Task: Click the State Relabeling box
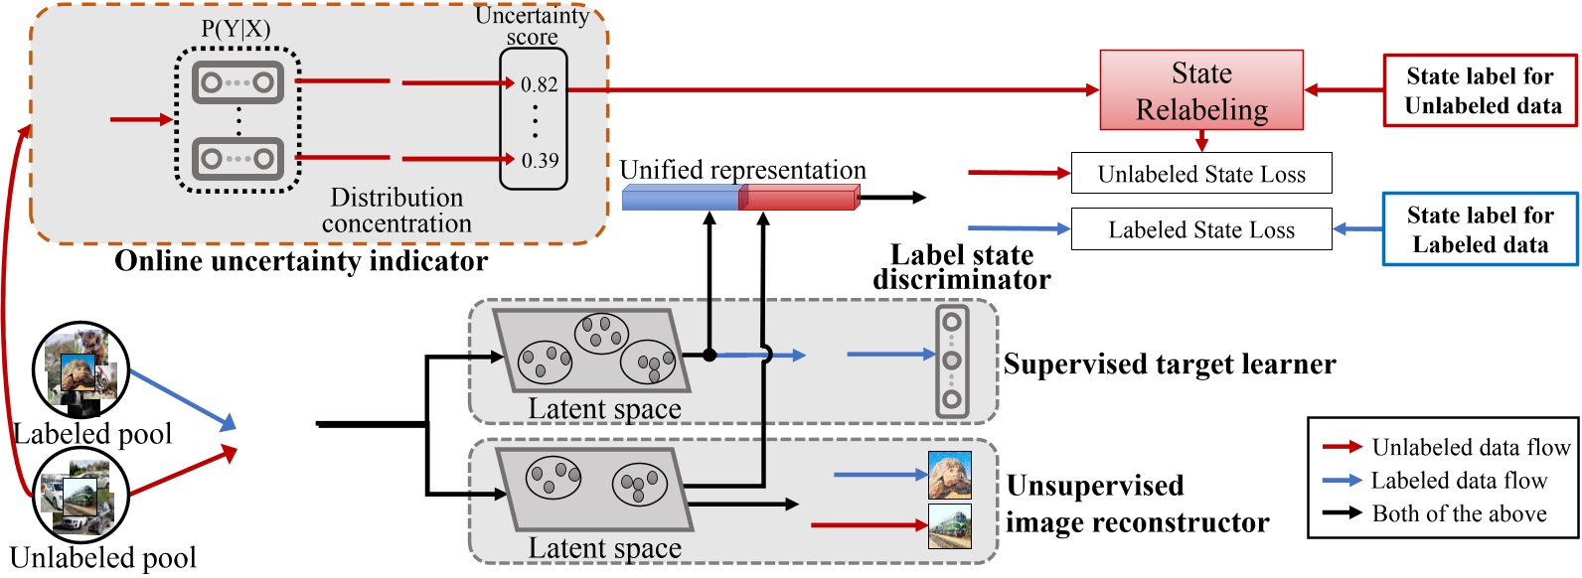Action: [x=1200, y=90]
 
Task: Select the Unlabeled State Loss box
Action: [x=1200, y=174]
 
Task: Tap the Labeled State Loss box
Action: [x=1200, y=229]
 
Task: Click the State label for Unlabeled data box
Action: [x=1481, y=90]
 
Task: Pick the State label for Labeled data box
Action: [x=1480, y=229]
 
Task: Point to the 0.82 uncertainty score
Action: [x=539, y=84]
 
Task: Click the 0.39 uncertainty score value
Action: [x=540, y=160]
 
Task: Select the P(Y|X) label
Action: [x=236, y=28]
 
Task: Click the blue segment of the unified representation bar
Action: [x=680, y=198]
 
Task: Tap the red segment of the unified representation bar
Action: [x=798, y=198]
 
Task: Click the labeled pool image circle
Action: [x=80, y=369]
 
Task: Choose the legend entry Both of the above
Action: [x=1459, y=513]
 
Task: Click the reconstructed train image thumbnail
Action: [x=949, y=525]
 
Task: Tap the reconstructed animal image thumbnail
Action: [x=949, y=475]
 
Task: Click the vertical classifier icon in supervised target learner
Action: [x=951, y=361]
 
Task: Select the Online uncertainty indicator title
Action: [x=301, y=261]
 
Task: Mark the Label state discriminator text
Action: [x=961, y=267]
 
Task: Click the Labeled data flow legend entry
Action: [x=1459, y=481]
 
